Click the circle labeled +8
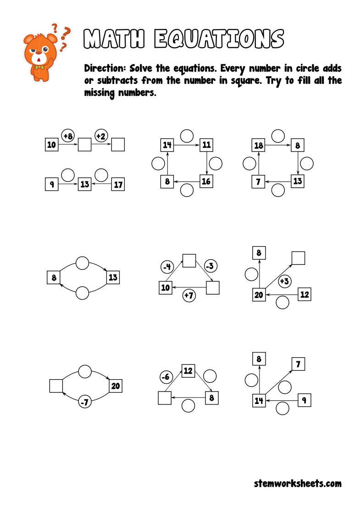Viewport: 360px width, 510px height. click(68, 136)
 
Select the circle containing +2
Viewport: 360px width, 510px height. click(101, 136)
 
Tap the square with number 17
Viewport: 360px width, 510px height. click(118, 185)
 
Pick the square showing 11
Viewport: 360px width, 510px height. click(206, 145)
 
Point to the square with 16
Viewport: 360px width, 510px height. click(206, 181)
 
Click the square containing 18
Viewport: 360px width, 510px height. click(259, 146)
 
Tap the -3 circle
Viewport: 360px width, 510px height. click(210, 266)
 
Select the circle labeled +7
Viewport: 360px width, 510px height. click(189, 295)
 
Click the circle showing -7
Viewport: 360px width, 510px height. click(84, 402)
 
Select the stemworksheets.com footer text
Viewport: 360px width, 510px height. click(298, 483)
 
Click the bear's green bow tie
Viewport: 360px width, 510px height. click(40, 68)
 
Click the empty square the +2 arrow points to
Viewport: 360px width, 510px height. click(118, 145)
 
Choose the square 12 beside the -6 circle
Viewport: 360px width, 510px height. click(188, 370)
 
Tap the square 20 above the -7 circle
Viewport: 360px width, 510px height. click(116, 386)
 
